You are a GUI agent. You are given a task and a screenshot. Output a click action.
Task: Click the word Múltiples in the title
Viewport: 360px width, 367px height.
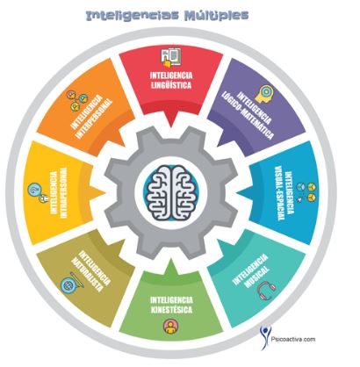coord(217,16)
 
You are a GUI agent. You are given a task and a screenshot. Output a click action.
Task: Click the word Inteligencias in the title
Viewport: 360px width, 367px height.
coord(133,16)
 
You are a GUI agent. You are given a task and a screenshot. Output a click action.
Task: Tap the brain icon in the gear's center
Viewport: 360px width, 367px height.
coord(171,192)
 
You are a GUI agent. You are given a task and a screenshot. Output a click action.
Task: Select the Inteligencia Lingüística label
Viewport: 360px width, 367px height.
coord(171,80)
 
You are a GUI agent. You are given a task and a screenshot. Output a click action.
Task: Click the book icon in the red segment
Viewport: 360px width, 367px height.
coord(171,58)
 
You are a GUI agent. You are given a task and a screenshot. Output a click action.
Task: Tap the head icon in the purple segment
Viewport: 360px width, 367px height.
coord(264,94)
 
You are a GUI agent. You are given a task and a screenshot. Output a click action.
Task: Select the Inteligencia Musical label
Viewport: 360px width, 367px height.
coord(251,270)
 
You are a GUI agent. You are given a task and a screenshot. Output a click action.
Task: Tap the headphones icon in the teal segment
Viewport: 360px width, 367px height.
coord(266,290)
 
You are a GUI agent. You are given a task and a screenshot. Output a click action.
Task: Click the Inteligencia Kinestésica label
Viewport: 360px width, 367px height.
coord(171,305)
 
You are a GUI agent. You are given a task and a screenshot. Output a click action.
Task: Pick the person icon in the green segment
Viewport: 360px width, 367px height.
coord(170,327)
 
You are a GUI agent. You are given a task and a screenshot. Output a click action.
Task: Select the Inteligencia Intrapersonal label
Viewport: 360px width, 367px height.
coord(59,193)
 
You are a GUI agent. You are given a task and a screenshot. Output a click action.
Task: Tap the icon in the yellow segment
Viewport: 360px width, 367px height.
coord(39,193)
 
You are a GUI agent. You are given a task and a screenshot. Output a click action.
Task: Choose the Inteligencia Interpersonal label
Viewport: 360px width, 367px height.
coord(91,117)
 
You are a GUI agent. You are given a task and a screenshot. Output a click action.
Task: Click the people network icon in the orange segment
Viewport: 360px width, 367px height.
coord(76,100)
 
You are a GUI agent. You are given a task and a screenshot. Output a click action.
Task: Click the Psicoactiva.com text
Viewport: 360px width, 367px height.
coord(293,339)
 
